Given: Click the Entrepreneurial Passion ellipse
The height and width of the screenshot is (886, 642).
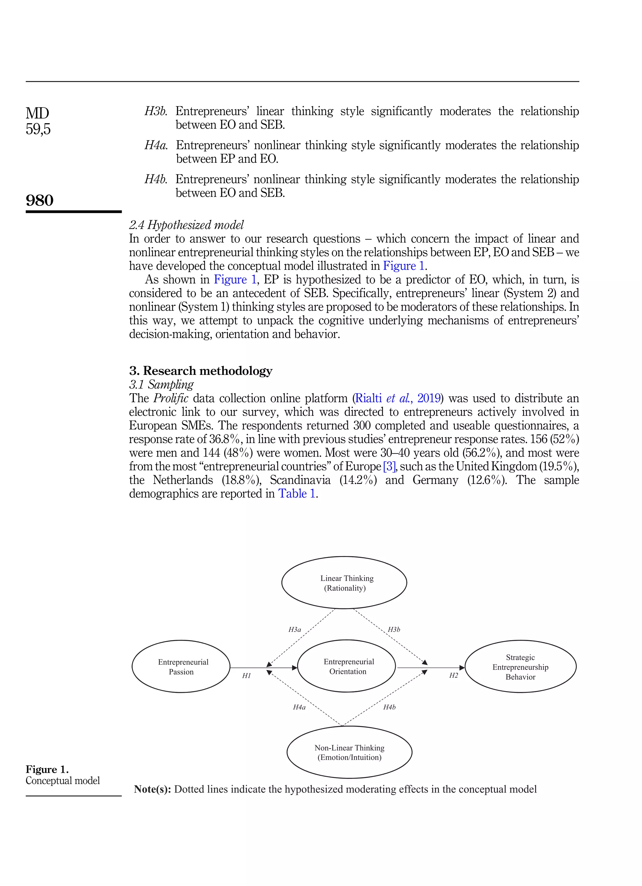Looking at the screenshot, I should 181,666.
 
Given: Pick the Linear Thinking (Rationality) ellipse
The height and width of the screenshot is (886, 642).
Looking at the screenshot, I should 344,582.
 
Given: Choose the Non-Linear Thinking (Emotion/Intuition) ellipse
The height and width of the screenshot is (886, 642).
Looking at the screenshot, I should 349,752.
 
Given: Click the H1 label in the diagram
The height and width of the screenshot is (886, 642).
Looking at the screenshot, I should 246,676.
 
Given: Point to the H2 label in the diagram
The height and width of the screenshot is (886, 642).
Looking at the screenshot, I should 453,676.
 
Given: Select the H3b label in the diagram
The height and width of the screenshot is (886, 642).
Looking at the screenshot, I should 394,629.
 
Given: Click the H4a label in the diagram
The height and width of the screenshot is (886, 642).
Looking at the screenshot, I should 299,707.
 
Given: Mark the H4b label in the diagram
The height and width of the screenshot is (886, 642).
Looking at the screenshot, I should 389,707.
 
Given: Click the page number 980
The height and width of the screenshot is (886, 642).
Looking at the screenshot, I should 39,200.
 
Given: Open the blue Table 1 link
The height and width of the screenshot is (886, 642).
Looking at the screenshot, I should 297,494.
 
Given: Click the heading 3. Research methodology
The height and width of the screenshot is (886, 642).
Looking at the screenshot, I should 201,370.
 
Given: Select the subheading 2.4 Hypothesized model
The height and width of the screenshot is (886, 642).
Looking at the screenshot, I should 186,225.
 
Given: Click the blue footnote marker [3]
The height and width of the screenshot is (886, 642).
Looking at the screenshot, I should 389,466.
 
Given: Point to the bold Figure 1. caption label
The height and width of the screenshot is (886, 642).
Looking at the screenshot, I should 47,769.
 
